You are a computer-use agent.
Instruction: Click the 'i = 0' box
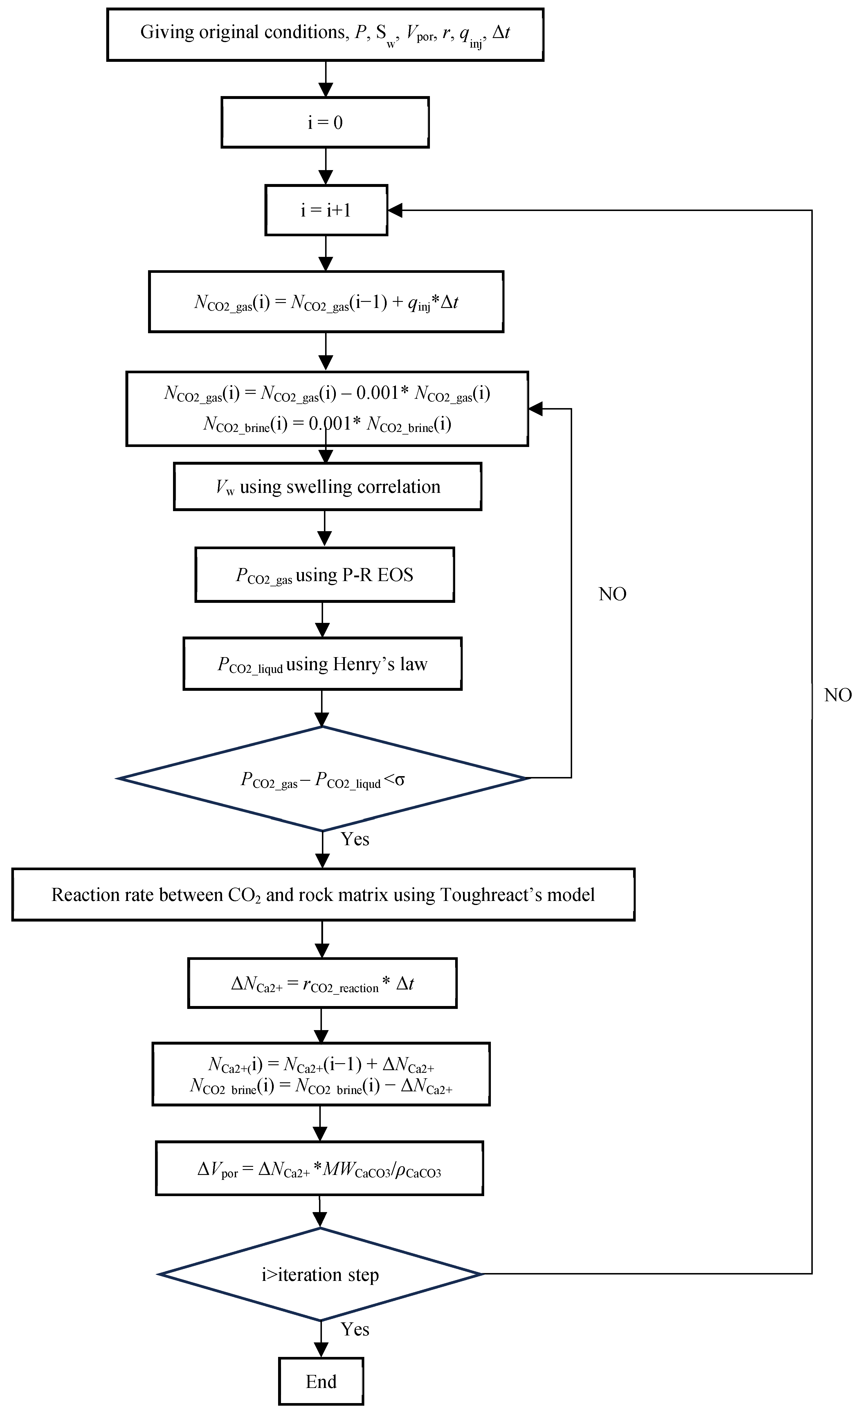click(325, 122)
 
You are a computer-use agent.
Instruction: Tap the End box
click(321, 1381)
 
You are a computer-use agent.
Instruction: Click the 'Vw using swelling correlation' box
click(327, 486)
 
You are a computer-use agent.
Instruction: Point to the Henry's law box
click(322, 664)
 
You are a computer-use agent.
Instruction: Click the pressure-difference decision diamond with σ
click(322, 779)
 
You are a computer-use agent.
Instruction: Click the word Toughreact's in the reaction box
click(491, 895)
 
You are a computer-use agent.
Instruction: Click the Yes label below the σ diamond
click(355, 839)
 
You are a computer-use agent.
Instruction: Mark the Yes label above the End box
click(355, 1329)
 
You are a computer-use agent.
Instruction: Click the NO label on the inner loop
click(612, 594)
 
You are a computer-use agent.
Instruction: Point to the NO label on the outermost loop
click(837, 695)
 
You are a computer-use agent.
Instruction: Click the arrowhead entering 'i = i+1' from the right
click(396, 210)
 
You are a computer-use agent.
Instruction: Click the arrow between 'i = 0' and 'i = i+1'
click(326, 166)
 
